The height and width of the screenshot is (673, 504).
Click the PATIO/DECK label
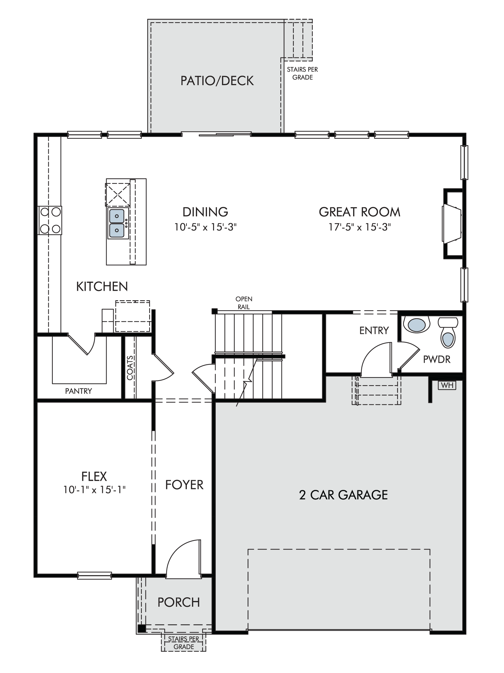tap(217, 81)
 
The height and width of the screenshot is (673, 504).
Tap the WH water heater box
tap(447, 385)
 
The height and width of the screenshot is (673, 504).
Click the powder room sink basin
tap(417, 325)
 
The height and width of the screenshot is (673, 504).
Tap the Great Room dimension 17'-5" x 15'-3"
tap(360, 227)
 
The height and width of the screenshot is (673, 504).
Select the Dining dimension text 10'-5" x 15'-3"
tap(205, 227)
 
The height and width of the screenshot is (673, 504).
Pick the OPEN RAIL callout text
tap(244, 303)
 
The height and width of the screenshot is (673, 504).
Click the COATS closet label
tap(130, 368)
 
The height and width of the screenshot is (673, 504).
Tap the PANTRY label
tap(78, 391)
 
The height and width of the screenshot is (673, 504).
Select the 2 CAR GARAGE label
tap(343, 495)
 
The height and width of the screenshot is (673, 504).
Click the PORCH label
tap(179, 602)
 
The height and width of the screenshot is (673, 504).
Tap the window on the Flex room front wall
tap(94, 575)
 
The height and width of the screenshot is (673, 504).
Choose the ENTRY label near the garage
tap(374, 330)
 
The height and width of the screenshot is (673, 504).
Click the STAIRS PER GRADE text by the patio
tap(302, 73)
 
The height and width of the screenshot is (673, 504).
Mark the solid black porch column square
tap(141, 628)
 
